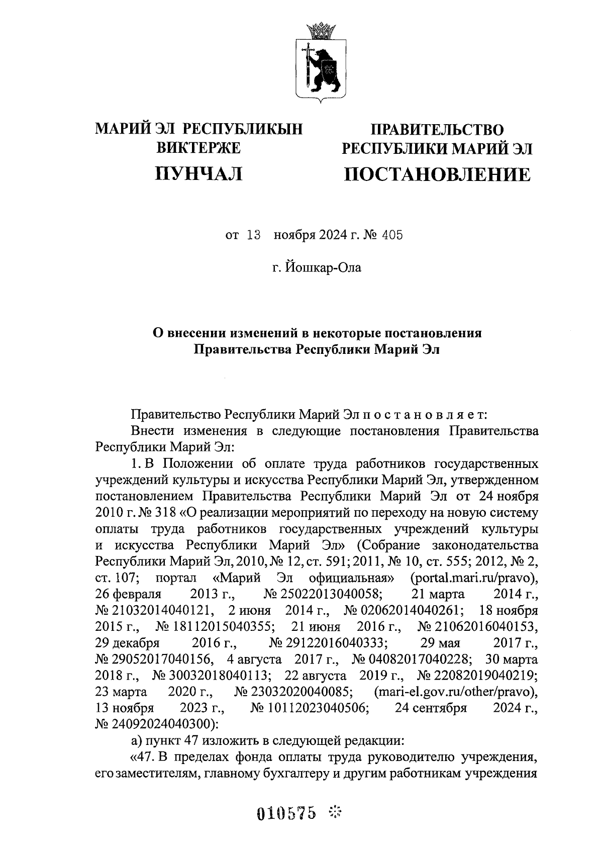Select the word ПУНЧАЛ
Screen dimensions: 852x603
click(199, 173)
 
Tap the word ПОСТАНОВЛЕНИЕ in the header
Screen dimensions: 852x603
click(436, 174)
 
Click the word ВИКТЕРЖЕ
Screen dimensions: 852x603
click(199, 148)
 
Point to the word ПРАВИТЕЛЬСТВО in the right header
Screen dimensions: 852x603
click(436, 130)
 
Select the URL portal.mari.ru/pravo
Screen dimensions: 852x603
click(474, 578)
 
